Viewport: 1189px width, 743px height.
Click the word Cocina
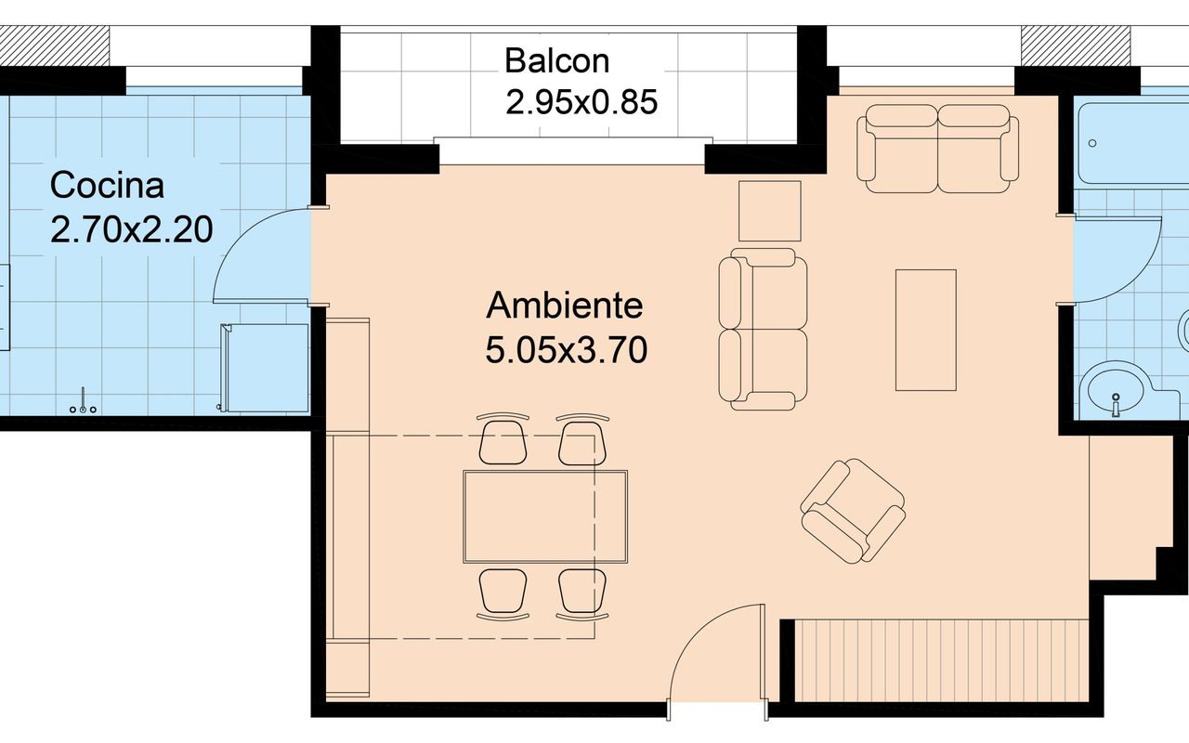pos(107,186)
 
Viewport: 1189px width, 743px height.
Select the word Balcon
pos(556,61)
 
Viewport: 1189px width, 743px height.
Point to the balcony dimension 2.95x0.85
pos(581,101)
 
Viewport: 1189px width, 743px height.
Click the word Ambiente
pos(564,305)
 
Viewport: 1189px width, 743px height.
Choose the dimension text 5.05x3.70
pos(566,350)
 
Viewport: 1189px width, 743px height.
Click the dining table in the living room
pos(545,516)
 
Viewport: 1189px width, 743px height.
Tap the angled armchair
pos(853,511)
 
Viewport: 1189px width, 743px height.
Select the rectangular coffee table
pos(925,330)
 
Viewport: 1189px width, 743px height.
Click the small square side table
pos(769,211)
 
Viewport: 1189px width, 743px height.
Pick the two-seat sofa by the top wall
pos(938,149)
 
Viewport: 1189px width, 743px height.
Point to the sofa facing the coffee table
pos(763,329)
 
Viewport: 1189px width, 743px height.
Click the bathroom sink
pos(1115,390)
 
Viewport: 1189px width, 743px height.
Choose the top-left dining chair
pos(503,439)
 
